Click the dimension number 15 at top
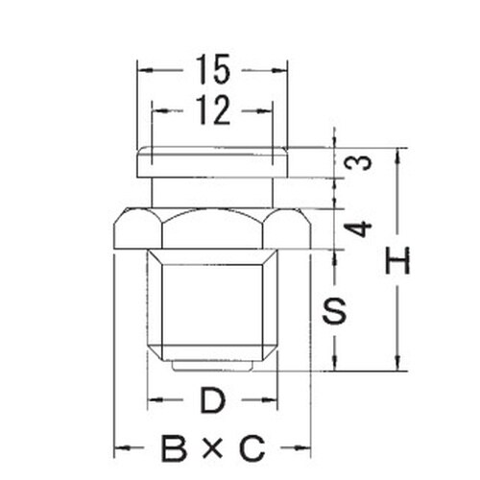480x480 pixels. pos(213,70)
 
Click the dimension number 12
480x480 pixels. pos(213,111)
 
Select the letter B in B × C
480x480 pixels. pos(174,447)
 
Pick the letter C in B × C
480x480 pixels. pos(252,447)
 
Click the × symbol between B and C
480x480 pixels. pos(213,448)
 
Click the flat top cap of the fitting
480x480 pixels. pos(213,161)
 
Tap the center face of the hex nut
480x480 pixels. pos(213,230)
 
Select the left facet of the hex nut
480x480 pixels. pos(137,230)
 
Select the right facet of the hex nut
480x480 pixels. pos(288,230)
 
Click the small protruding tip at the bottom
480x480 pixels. pos(213,366)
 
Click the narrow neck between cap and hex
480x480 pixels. pos(213,192)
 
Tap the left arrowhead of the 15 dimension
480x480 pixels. pos(141,70)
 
